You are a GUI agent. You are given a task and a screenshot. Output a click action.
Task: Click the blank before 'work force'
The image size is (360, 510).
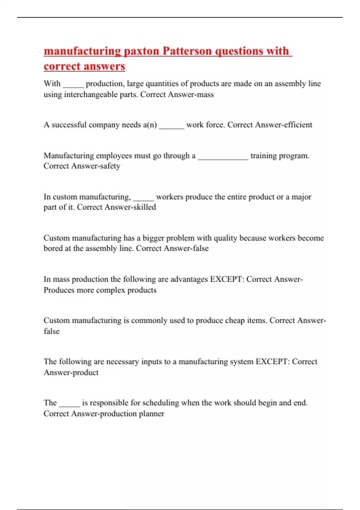[x=171, y=126]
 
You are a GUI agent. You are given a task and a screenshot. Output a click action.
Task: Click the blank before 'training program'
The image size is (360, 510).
[x=223, y=157]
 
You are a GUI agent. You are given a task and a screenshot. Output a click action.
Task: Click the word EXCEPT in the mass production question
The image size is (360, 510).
[x=226, y=279]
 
